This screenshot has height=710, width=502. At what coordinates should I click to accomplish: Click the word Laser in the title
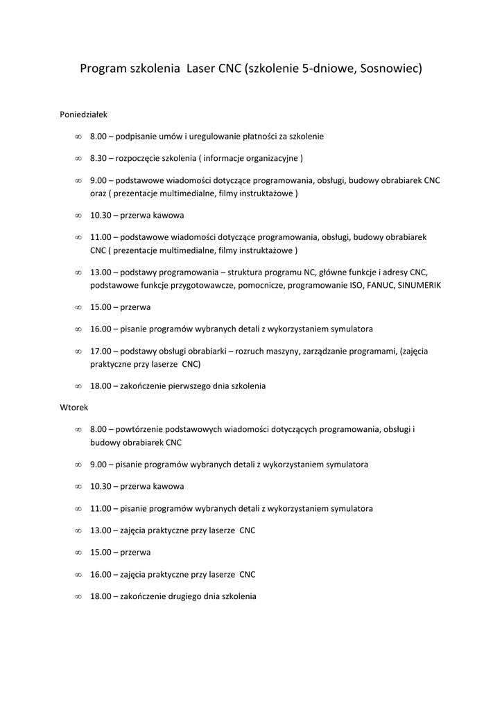pos(201,69)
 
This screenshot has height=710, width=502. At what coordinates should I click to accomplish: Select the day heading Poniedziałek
pos(84,114)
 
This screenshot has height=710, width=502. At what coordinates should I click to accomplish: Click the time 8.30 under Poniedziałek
pos(98,158)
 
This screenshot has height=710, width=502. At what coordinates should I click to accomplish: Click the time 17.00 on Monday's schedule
pos(100,351)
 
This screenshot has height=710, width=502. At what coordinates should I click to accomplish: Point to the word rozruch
pos(250,351)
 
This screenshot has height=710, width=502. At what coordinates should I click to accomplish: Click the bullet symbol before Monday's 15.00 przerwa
pos(78,306)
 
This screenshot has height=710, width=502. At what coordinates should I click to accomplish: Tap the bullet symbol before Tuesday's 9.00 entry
pos(78,464)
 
